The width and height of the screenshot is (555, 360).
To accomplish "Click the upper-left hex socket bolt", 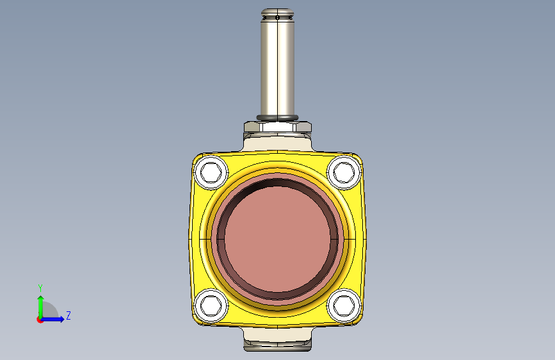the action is [211, 172].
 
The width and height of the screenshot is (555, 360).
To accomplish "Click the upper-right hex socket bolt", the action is [344, 172].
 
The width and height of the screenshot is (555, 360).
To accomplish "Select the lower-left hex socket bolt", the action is [211, 306].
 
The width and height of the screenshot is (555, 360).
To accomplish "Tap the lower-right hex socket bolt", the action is [344, 306].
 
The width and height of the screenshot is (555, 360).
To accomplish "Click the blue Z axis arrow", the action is [52, 319].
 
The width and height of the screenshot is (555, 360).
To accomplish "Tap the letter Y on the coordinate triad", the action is [40, 288].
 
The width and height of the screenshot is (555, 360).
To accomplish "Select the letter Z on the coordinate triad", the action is [68, 315].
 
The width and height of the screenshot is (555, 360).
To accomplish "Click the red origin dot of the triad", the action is [40, 320].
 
